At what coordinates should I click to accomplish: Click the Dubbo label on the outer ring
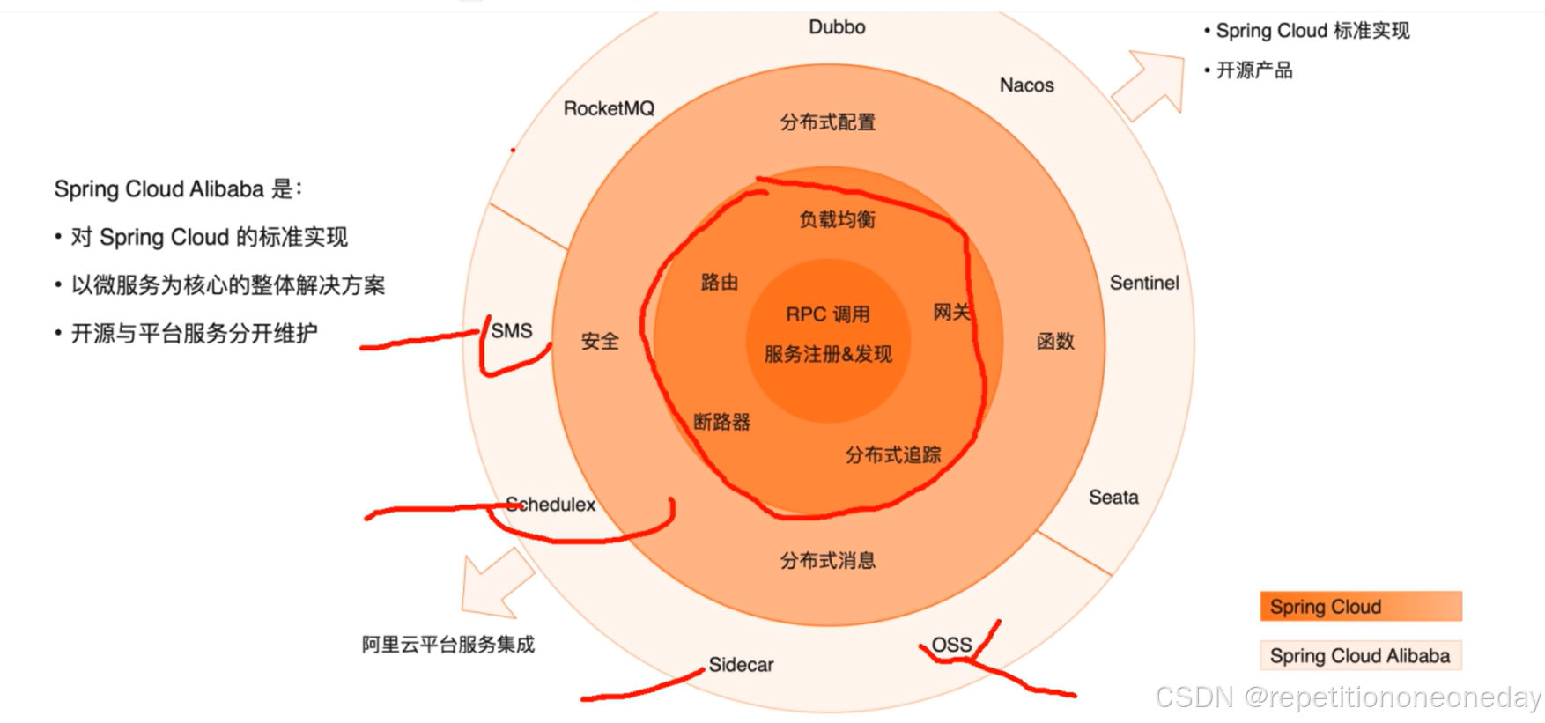point(837,27)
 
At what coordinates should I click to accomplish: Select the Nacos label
point(1026,85)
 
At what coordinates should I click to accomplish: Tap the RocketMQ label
point(609,108)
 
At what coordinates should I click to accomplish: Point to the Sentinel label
point(1143,283)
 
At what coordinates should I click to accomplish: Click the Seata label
point(1113,498)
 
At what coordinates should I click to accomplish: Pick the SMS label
point(512,331)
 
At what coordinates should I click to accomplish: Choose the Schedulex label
point(551,505)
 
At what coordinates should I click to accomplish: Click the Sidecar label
point(741,665)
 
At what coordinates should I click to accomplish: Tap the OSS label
point(951,645)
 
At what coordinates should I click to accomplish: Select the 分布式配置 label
point(827,122)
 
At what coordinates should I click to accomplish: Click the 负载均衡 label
point(837,219)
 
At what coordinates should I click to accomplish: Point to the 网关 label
point(951,313)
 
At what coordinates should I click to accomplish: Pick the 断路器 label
point(721,422)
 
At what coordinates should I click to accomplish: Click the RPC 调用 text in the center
point(827,314)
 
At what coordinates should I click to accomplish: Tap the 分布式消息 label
point(827,560)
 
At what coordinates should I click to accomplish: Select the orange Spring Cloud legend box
point(1360,607)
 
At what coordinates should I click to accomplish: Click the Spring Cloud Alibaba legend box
point(1360,656)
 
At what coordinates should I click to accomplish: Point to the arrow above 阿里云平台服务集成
point(495,583)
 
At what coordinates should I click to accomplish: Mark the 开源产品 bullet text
point(1254,70)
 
